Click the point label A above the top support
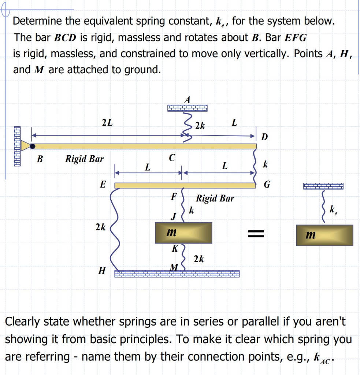click(188, 99)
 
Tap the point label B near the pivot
click(40, 159)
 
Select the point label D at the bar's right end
click(264, 137)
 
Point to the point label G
click(267, 185)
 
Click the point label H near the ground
click(102, 271)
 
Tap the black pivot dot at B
click(33, 146)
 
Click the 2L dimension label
click(107, 123)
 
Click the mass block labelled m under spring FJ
click(183, 233)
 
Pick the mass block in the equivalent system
click(324, 235)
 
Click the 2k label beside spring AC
click(200, 126)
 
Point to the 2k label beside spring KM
click(198, 259)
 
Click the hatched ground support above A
click(187, 108)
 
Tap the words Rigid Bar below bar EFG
click(215, 198)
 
